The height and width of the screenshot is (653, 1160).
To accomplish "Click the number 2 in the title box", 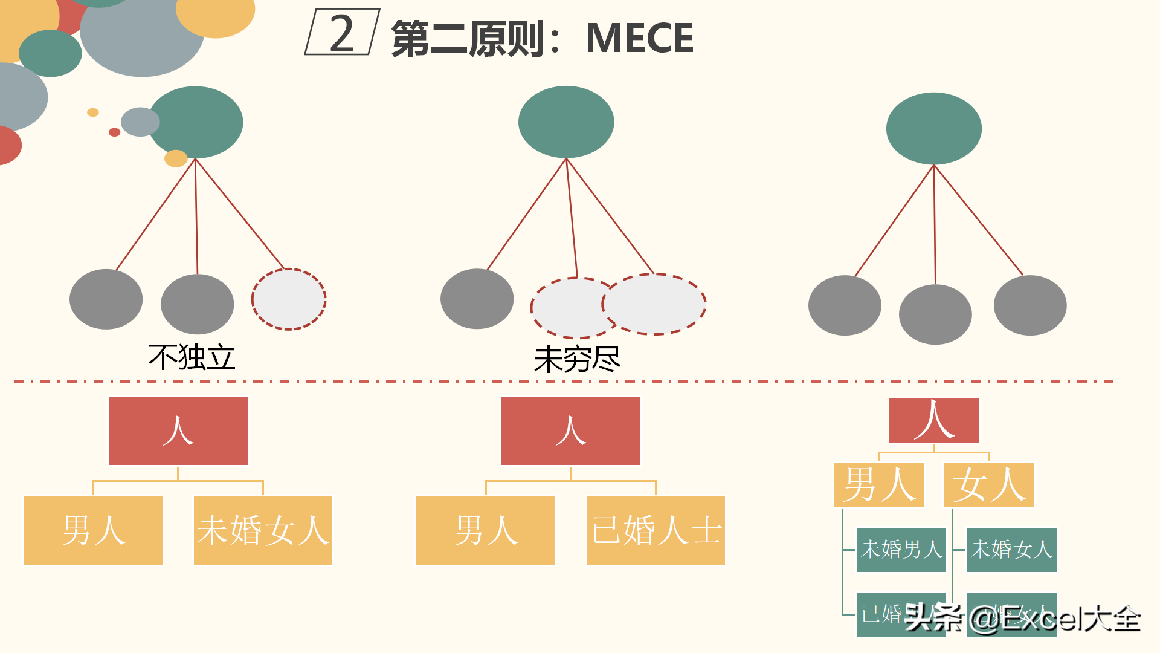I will point(342,33).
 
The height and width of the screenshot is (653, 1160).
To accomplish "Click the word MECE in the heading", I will point(639,38).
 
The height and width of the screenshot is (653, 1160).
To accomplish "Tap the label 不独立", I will point(192,357).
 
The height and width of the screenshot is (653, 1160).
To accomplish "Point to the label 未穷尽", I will point(577,360).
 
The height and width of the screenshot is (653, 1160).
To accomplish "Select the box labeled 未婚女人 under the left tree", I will point(263,531).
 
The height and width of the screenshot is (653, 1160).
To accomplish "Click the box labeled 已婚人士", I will point(656,531).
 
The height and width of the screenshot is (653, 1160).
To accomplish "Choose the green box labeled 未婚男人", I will point(901,550).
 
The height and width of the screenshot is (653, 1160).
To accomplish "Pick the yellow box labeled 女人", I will point(988,485).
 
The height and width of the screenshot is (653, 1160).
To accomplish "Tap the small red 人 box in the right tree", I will point(933,420).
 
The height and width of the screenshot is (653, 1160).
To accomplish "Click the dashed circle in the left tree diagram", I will point(289,299).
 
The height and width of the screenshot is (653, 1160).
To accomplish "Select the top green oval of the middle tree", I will point(566,122).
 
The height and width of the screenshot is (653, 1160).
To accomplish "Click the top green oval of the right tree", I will point(933,128).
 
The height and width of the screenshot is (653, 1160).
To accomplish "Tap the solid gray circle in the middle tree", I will point(477,299).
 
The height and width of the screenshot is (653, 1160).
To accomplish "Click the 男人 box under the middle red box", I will point(486,531).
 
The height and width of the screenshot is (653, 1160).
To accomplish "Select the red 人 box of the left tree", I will point(178,430).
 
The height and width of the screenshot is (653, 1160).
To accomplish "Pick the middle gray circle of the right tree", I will point(935,314).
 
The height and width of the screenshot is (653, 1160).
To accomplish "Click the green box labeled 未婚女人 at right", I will point(1011,550).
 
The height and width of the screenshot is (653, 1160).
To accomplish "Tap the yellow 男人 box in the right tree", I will point(879,485).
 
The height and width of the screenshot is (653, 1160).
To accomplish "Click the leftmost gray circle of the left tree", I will point(106,299).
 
